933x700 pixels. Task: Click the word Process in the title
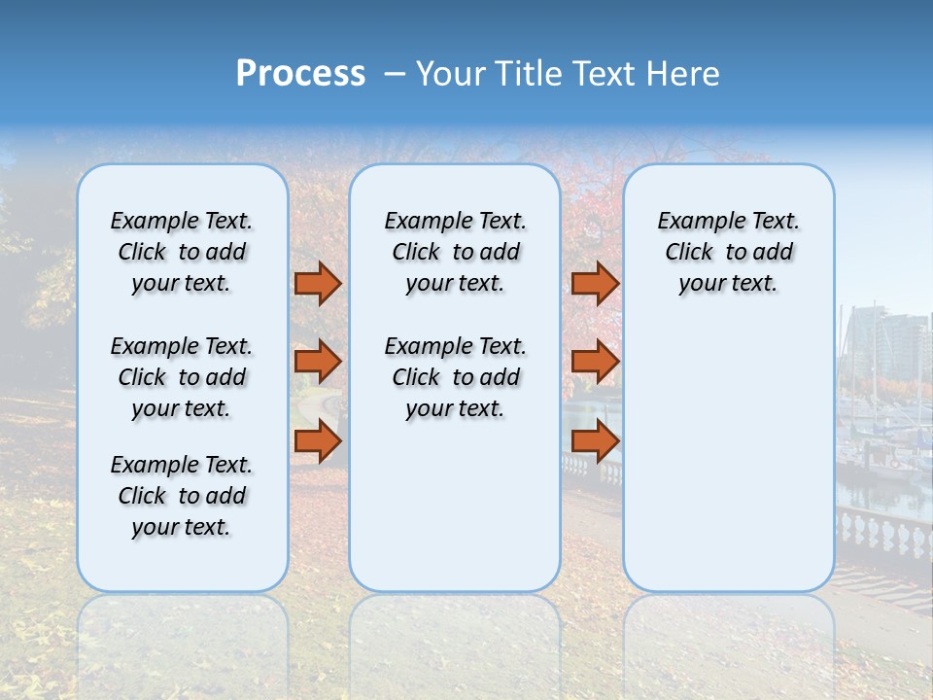click(300, 74)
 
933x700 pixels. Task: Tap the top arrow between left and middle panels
click(318, 283)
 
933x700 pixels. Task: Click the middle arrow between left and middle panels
click(318, 362)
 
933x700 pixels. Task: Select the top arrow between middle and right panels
click(595, 283)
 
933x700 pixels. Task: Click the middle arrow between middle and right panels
click(595, 362)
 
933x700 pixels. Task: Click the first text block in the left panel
click(182, 252)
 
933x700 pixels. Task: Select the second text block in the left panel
click(182, 377)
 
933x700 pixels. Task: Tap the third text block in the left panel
click(182, 496)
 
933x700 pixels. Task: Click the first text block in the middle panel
click(456, 252)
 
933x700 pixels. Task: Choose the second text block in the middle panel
click(456, 377)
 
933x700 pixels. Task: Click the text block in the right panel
click(729, 252)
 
